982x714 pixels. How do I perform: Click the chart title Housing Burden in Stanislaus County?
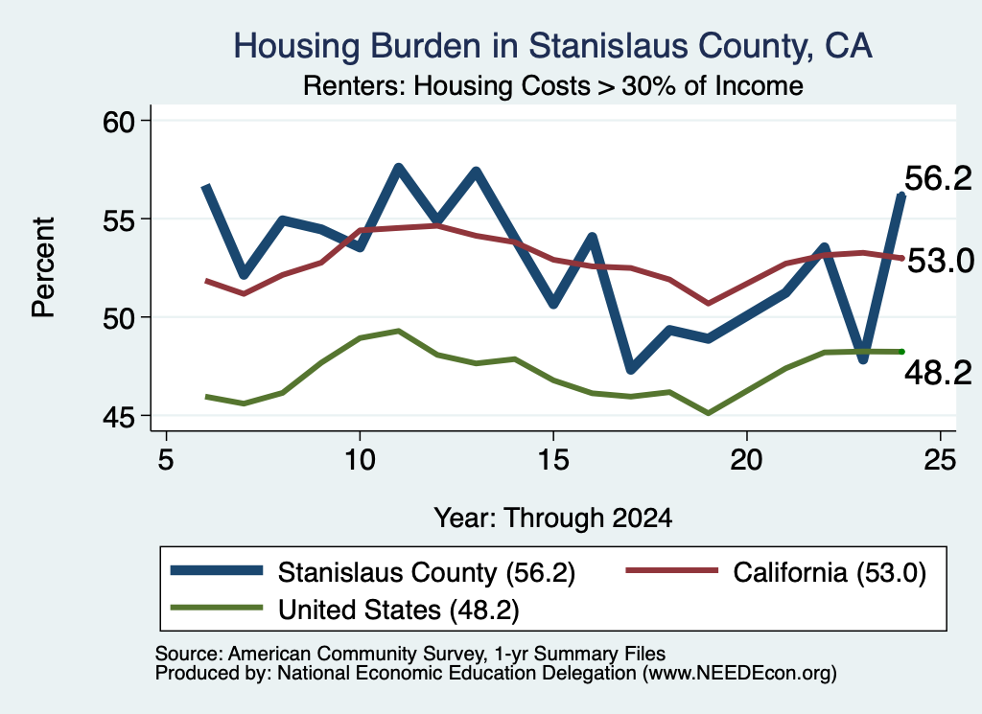(x=552, y=46)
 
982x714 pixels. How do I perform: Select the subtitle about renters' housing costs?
(x=553, y=85)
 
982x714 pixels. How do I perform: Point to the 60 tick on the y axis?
(x=119, y=122)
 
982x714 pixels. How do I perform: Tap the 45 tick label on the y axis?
(x=119, y=416)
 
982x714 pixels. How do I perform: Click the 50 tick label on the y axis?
(x=119, y=318)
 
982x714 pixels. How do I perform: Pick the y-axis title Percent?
(x=43, y=267)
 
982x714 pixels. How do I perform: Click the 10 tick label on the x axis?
(x=360, y=460)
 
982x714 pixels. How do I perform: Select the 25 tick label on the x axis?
(x=940, y=460)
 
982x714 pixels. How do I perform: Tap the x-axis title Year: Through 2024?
(x=553, y=518)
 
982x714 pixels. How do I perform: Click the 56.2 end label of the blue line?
(x=938, y=179)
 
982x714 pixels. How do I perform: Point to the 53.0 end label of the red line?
(x=941, y=261)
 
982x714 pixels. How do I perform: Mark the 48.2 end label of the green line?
(x=938, y=374)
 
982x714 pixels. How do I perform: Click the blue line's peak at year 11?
(x=398, y=168)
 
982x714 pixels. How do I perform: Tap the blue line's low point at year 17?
(x=631, y=369)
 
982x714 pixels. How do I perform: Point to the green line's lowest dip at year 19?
(x=709, y=414)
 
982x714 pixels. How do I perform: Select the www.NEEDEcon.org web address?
(x=739, y=674)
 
